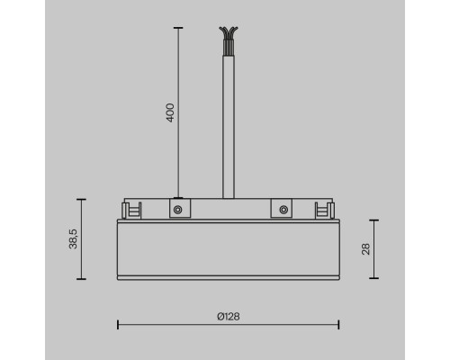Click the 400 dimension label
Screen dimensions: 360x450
click(x=169, y=112)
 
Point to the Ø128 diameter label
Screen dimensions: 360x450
click(x=228, y=317)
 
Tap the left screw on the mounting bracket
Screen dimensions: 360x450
click(x=178, y=210)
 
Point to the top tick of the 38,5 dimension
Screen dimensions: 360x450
click(x=83, y=199)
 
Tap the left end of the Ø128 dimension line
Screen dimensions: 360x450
click(x=119, y=327)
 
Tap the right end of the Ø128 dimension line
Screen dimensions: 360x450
click(x=337, y=327)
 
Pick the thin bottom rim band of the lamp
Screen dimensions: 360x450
click(x=228, y=274)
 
